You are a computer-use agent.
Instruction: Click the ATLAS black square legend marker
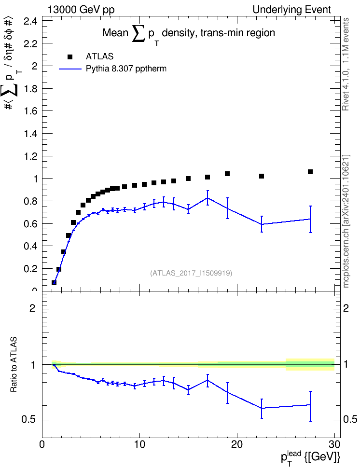coord(70,57)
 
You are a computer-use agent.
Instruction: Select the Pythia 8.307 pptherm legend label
coord(126,69)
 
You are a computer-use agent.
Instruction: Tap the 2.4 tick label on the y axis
coord(31,21)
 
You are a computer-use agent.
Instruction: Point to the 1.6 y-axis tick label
coord(31,111)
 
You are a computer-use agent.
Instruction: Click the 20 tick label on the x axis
coord(237,444)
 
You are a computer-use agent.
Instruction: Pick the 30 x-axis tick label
coord(334,444)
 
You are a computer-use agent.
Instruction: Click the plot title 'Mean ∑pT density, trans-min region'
coord(189,34)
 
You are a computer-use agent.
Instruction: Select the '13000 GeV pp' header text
coord(81,10)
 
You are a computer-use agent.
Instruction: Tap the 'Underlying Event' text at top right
coord(292,10)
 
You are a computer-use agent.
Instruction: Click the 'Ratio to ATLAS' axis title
coord(14,365)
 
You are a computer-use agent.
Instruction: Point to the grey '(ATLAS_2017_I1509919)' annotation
coord(191,273)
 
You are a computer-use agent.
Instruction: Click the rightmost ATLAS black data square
coord(310,172)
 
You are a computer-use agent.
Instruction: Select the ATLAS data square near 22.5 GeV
coord(262,176)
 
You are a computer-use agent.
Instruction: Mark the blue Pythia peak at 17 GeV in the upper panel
coord(208,198)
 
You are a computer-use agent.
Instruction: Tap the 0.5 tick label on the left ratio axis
coord(29,420)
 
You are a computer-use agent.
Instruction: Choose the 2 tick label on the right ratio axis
coord(346,308)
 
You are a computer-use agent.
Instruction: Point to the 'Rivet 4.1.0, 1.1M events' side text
coord(346,64)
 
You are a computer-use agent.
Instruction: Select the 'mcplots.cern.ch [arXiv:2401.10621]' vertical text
coord(346,221)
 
